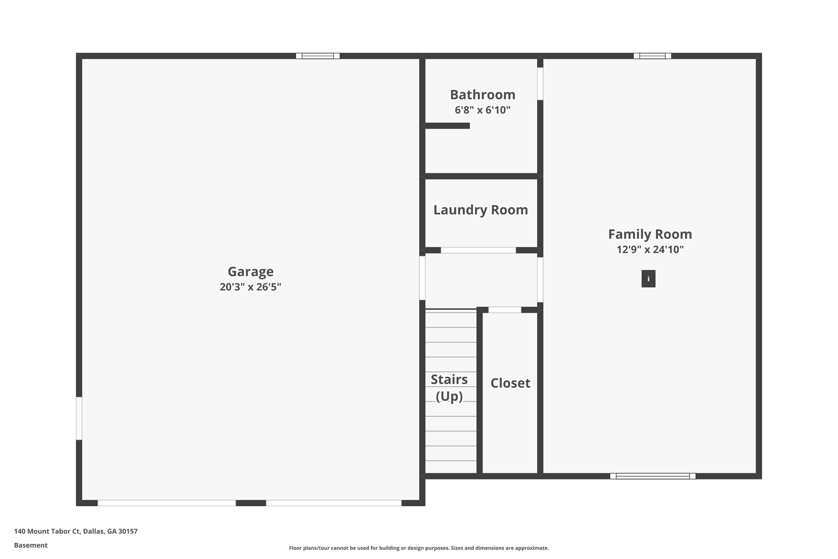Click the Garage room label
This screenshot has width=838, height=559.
coord(250,272)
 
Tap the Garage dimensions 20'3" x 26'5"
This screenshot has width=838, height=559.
coord(250,287)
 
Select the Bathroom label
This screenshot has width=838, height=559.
coord(482,95)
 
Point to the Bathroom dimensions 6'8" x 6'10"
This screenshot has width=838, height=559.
coord(482,110)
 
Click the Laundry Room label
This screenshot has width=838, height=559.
coord(480,210)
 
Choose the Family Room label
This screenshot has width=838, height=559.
coord(650,234)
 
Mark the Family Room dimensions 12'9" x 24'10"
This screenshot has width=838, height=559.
coord(650,249)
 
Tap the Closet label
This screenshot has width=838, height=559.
coord(510,383)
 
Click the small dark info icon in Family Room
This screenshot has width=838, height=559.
coord(648,279)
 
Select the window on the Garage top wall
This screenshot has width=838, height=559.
coord(318,56)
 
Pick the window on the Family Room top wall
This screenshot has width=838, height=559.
coord(652,56)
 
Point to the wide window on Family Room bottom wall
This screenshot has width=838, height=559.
coord(653,476)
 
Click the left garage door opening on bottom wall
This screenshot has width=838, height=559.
coord(167,503)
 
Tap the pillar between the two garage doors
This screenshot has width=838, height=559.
coord(251,503)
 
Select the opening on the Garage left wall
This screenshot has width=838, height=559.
coord(79,418)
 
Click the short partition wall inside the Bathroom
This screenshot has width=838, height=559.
coord(447,126)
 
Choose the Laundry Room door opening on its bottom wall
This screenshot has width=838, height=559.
coord(478,250)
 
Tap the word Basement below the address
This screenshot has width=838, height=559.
coord(31,545)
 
